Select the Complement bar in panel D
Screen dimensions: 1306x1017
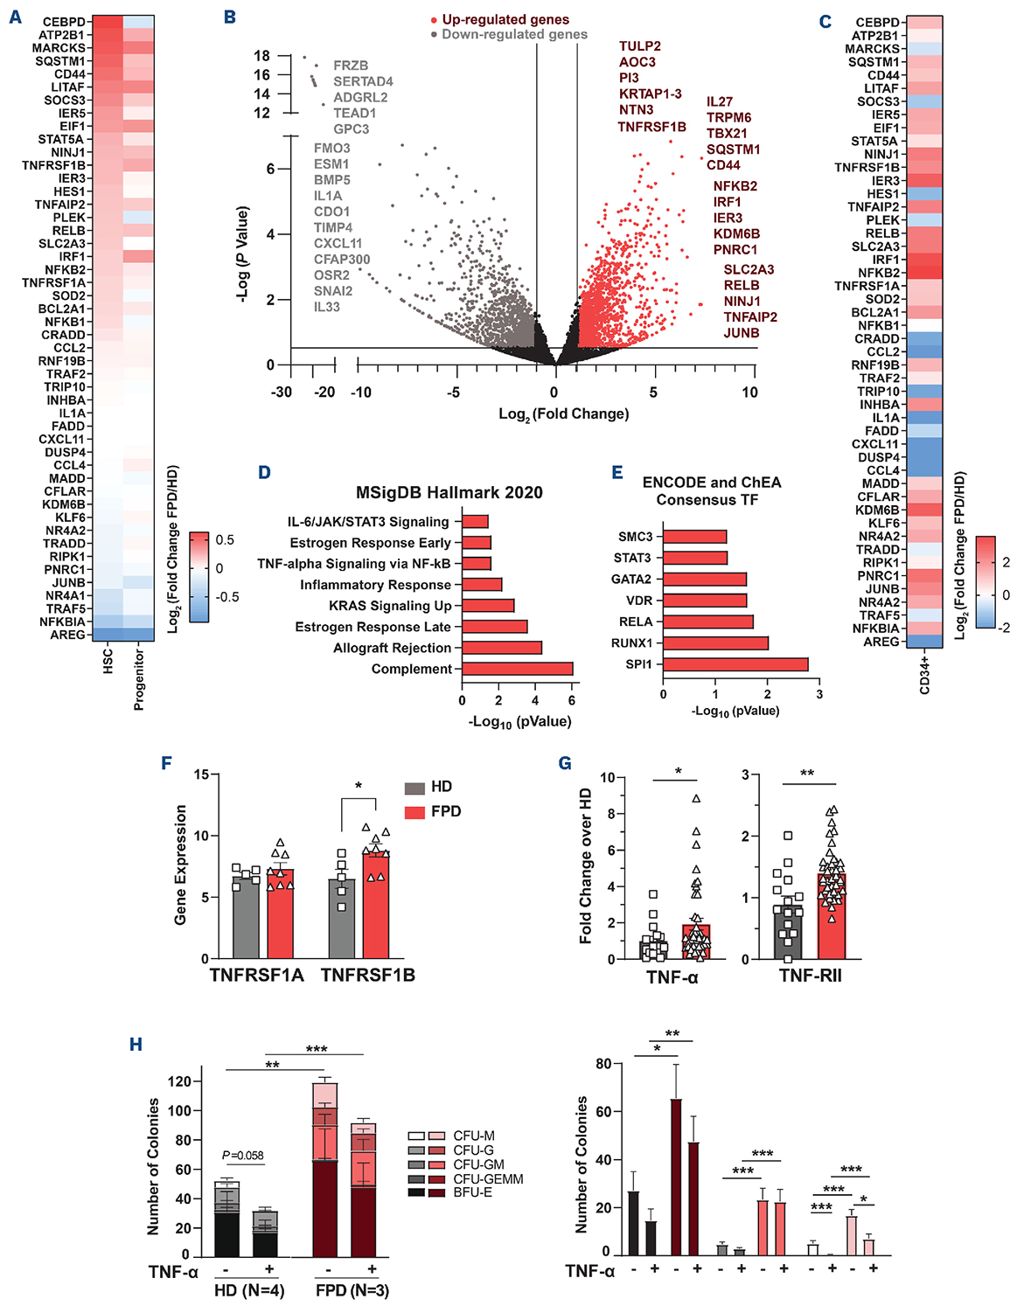point(517,669)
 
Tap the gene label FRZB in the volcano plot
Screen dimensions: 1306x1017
point(351,66)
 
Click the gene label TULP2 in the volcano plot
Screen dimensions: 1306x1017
point(640,46)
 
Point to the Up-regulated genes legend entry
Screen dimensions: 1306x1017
point(505,19)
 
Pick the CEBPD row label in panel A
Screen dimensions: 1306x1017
point(64,22)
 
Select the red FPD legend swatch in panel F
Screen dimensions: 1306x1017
point(414,812)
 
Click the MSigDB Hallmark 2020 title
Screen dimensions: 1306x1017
point(449,492)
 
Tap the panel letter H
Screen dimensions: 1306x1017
point(136,1045)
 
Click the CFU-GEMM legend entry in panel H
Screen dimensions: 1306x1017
point(488,1178)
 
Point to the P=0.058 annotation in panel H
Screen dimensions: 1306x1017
point(243,1156)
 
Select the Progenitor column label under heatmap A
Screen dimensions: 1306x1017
point(139,679)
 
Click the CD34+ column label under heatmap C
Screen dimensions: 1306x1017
point(925,675)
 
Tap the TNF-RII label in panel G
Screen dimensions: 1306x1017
point(811,976)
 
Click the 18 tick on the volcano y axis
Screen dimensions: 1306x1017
point(261,56)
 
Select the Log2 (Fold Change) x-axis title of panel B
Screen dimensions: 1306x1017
point(563,414)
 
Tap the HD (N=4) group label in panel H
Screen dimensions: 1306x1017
point(249,1290)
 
